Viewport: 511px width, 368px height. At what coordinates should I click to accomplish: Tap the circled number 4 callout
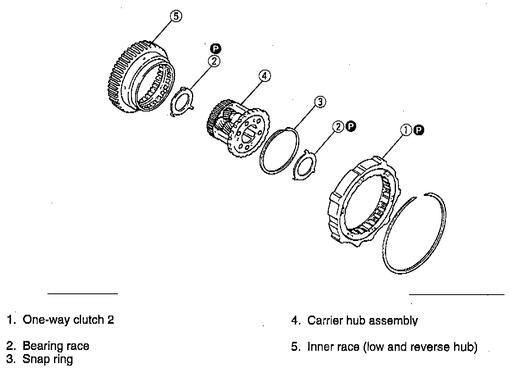tap(265, 76)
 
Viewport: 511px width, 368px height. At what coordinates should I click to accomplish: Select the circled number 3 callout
tap(320, 102)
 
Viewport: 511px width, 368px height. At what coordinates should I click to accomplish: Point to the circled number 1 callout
tap(406, 130)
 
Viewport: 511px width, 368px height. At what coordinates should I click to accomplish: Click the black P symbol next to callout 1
tap(418, 130)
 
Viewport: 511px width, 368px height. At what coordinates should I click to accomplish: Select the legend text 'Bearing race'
tap(56, 346)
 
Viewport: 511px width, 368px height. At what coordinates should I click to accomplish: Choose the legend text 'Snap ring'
tap(47, 359)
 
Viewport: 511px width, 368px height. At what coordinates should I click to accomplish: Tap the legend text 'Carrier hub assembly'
tap(362, 320)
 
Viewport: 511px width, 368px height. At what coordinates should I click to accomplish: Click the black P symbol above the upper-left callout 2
tap(215, 49)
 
